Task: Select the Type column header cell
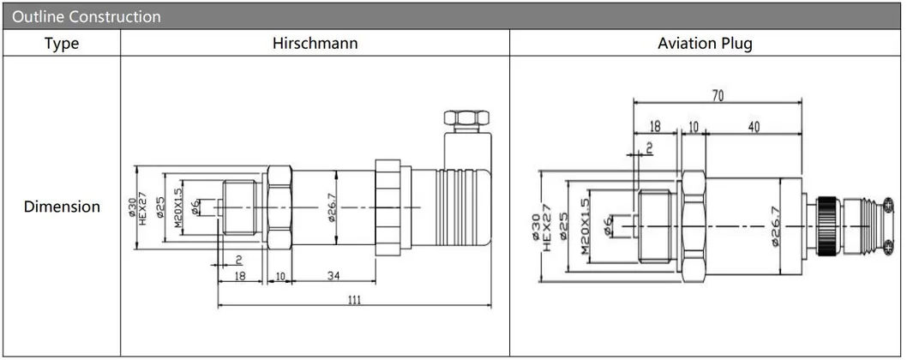coord(61,44)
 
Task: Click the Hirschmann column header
coord(315,44)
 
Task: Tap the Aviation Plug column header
coord(705,44)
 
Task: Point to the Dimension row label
coord(61,207)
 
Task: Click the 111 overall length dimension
coord(354,299)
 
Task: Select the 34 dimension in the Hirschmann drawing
coord(333,276)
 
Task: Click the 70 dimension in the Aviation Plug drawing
coord(717,96)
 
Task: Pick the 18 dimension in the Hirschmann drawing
coord(241,276)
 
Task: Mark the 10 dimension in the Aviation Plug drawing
coord(693,127)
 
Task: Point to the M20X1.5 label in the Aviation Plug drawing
coord(586,227)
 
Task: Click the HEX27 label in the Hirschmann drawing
coord(144,207)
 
